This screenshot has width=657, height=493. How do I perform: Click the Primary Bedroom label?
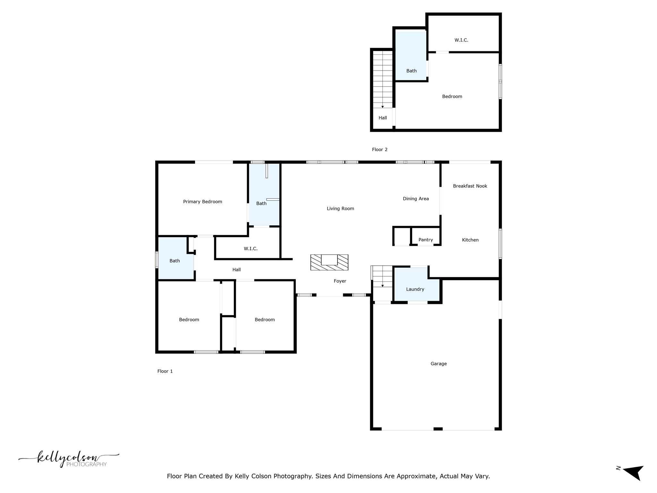(202, 202)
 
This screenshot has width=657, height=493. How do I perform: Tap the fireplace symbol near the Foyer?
(329, 262)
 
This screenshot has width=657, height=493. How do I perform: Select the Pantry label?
(425, 240)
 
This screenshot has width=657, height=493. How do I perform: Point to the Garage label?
(439, 364)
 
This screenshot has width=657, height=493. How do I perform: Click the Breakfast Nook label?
(470, 186)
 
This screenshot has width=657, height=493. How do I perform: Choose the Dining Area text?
(416, 199)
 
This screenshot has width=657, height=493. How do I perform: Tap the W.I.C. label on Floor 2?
(461, 40)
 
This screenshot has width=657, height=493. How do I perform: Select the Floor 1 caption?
(165, 371)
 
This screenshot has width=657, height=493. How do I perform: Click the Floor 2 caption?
(380, 149)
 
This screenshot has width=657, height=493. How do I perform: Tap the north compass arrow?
(634, 472)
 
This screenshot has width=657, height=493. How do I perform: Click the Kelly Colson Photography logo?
(69, 459)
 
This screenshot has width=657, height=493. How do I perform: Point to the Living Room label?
(340, 209)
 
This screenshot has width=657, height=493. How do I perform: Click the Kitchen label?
(470, 240)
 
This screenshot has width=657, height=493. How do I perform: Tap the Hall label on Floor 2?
(382, 118)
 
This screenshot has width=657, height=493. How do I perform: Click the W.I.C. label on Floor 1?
(251, 248)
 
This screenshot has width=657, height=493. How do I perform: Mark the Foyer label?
(340, 281)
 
